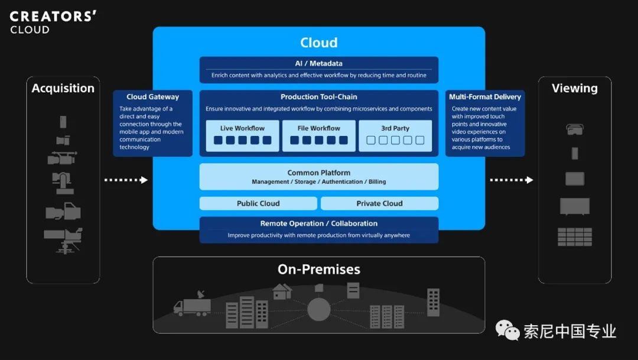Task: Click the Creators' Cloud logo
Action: point(53,22)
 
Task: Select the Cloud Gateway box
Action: point(152,122)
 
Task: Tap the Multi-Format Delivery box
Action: point(485,122)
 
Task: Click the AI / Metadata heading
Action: point(319,63)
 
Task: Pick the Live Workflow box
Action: point(242,135)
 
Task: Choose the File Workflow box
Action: point(319,135)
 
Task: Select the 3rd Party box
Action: point(395,135)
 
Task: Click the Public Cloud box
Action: point(258,203)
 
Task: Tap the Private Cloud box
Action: point(379,203)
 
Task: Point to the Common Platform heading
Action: point(319,173)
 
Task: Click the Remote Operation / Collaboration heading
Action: point(319,223)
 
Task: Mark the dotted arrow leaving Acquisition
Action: point(126,180)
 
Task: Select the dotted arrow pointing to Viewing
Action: point(512,180)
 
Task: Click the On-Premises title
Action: point(319,270)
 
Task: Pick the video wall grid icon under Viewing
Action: point(575,236)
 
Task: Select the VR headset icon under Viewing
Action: point(575,129)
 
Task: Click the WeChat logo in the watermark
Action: point(507,330)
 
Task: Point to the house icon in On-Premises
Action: point(282,291)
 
